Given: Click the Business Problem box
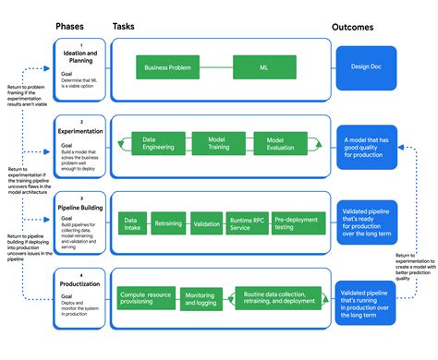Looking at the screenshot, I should coord(168,66).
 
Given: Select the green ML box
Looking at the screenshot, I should coord(263,66).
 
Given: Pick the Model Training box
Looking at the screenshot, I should coord(214,143).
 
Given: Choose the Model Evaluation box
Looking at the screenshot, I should coord(274,143).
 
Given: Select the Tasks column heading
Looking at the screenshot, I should coord(125,27).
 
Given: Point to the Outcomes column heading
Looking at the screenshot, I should coord(371,27).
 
